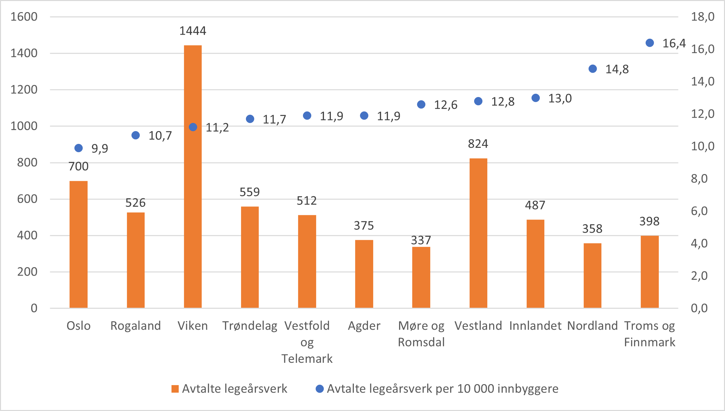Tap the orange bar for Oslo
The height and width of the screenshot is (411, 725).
click(x=78, y=244)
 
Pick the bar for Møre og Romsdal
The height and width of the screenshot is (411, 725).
click(x=421, y=277)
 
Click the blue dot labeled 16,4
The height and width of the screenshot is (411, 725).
click(x=650, y=43)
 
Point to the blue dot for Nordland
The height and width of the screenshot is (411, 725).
click(x=593, y=69)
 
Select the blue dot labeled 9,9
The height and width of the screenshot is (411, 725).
click(x=78, y=148)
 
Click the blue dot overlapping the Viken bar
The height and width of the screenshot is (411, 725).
click(x=193, y=127)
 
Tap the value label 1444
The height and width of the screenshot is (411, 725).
click(x=193, y=31)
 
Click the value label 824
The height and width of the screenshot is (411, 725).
click(x=478, y=144)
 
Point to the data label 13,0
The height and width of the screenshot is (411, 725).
click(x=560, y=98)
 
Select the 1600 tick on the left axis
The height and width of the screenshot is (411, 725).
click(x=24, y=17)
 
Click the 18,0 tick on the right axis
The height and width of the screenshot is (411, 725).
click(x=703, y=17)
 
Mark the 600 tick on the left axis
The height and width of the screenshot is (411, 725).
click(x=27, y=199)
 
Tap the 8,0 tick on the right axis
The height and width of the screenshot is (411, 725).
click(x=699, y=179)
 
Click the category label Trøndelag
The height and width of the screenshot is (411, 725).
click(x=250, y=326)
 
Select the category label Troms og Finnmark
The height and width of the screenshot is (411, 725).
click(x=650, y=334)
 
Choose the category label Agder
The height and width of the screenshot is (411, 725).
click(x=364, y=326)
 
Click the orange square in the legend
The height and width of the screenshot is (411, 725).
click(x=175, y=389)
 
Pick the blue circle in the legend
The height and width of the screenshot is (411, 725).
click(x=319, y=389)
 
